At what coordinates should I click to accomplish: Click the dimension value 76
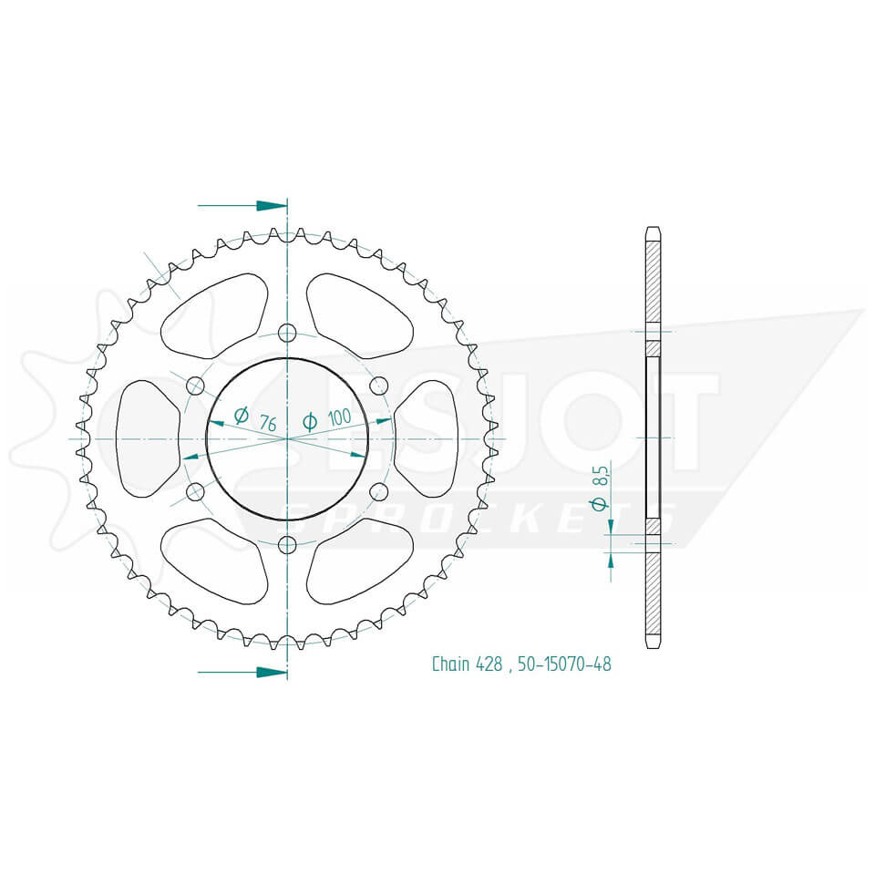pos(268,422)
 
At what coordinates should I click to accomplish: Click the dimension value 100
pos(339,418)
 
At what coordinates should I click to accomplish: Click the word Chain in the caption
pos(450,664)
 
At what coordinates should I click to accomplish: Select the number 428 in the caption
pos(488,664)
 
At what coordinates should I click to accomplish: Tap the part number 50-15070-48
pos(564,664)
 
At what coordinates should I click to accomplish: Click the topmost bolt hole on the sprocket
pos(287,331)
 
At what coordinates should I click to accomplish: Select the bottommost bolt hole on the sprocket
pos(287,546)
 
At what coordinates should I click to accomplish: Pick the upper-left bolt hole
pos(194,385)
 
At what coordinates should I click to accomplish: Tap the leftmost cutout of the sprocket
pos(146,438)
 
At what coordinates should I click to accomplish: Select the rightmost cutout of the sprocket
pos(427,438)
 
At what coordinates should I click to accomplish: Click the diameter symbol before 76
pos(242,416)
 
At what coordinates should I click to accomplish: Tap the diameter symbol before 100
pos(310,421)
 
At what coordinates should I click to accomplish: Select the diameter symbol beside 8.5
pos(598,504)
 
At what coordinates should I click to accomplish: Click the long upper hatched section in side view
pos(653,283)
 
